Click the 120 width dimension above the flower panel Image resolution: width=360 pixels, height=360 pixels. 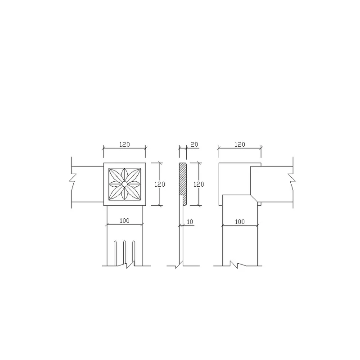[x=125, y=144]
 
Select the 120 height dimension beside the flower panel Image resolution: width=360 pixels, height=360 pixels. [x=160, y=184]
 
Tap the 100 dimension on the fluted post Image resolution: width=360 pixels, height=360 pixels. [x=125, y=220]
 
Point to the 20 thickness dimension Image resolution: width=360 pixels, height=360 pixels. [x=194, y=144]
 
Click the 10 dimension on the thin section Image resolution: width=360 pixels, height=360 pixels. [x=190, y=222]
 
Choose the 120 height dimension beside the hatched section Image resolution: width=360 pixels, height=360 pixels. [x=198, y=184]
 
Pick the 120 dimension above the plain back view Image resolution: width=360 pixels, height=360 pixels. [x=240, y=144]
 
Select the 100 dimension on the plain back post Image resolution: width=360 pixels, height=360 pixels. [x=240, y=222]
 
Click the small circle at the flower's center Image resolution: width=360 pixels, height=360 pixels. [x=125, y=184]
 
